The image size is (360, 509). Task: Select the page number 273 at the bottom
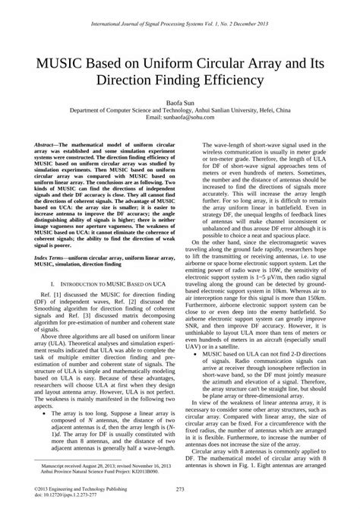pyautogui.click(x=180, y=488)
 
